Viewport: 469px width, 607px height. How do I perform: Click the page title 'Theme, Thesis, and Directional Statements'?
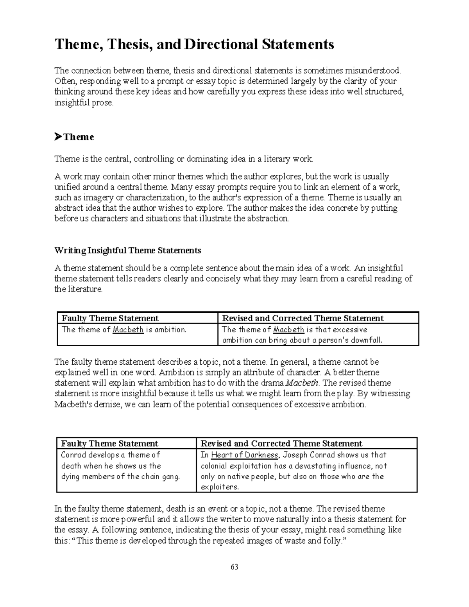[x=194, y=44]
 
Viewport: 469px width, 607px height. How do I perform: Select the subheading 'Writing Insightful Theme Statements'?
[x=127, y=250]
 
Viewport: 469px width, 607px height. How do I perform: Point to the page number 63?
[x=234, y=567]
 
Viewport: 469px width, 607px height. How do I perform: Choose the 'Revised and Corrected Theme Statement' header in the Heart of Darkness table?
[x=281, y=443]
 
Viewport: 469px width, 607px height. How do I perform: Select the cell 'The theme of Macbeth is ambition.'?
[x=124, y=329]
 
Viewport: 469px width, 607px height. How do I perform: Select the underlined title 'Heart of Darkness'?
[x=245, y=455]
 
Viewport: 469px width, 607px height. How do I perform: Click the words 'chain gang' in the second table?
[x=161, y=476]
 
